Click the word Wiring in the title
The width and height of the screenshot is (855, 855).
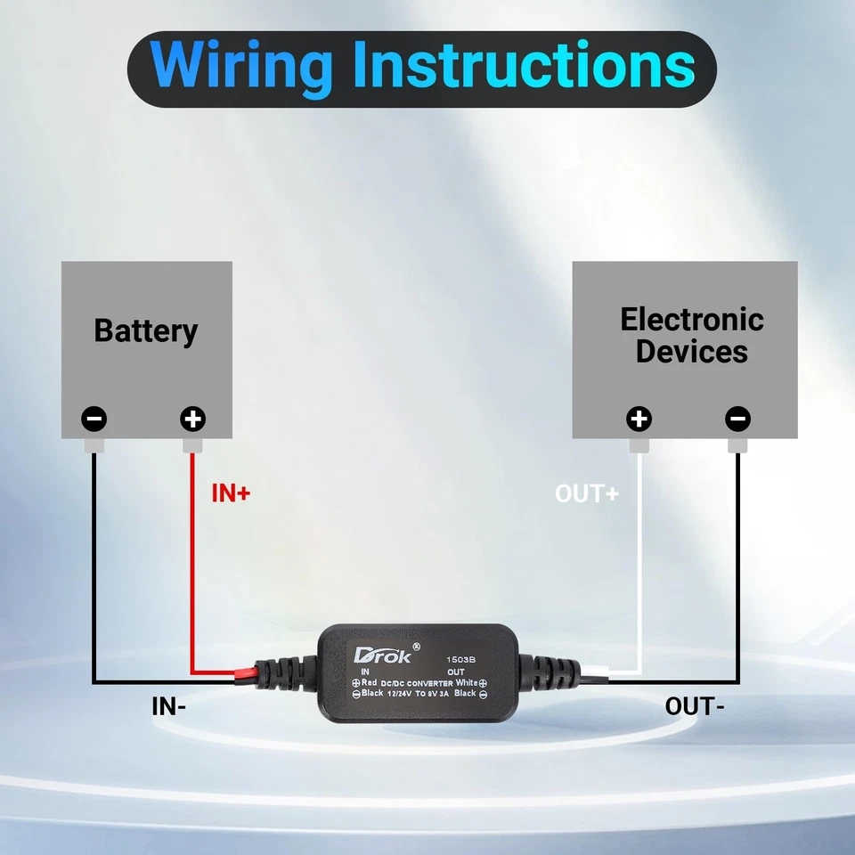point(241,66)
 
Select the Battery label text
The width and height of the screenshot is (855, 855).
point(146,330)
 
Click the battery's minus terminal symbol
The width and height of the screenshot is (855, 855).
point(94,418)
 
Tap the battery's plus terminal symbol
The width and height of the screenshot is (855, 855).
point(192,418)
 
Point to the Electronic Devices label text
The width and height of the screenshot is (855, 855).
point(692,335)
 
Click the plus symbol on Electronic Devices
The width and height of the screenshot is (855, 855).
point(639,418)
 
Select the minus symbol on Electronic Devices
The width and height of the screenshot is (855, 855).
point(737,418)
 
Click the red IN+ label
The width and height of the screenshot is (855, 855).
point(231,493)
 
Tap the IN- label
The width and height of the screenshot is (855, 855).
point(169,707)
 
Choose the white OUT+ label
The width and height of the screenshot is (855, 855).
point(586,493)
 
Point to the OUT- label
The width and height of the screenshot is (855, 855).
point(695,707)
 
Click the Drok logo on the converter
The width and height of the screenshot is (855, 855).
point(382,656)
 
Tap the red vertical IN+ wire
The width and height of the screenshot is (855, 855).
point(192,570)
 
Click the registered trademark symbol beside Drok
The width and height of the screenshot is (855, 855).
point(416,645)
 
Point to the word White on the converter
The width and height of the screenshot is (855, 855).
point(465,682)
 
